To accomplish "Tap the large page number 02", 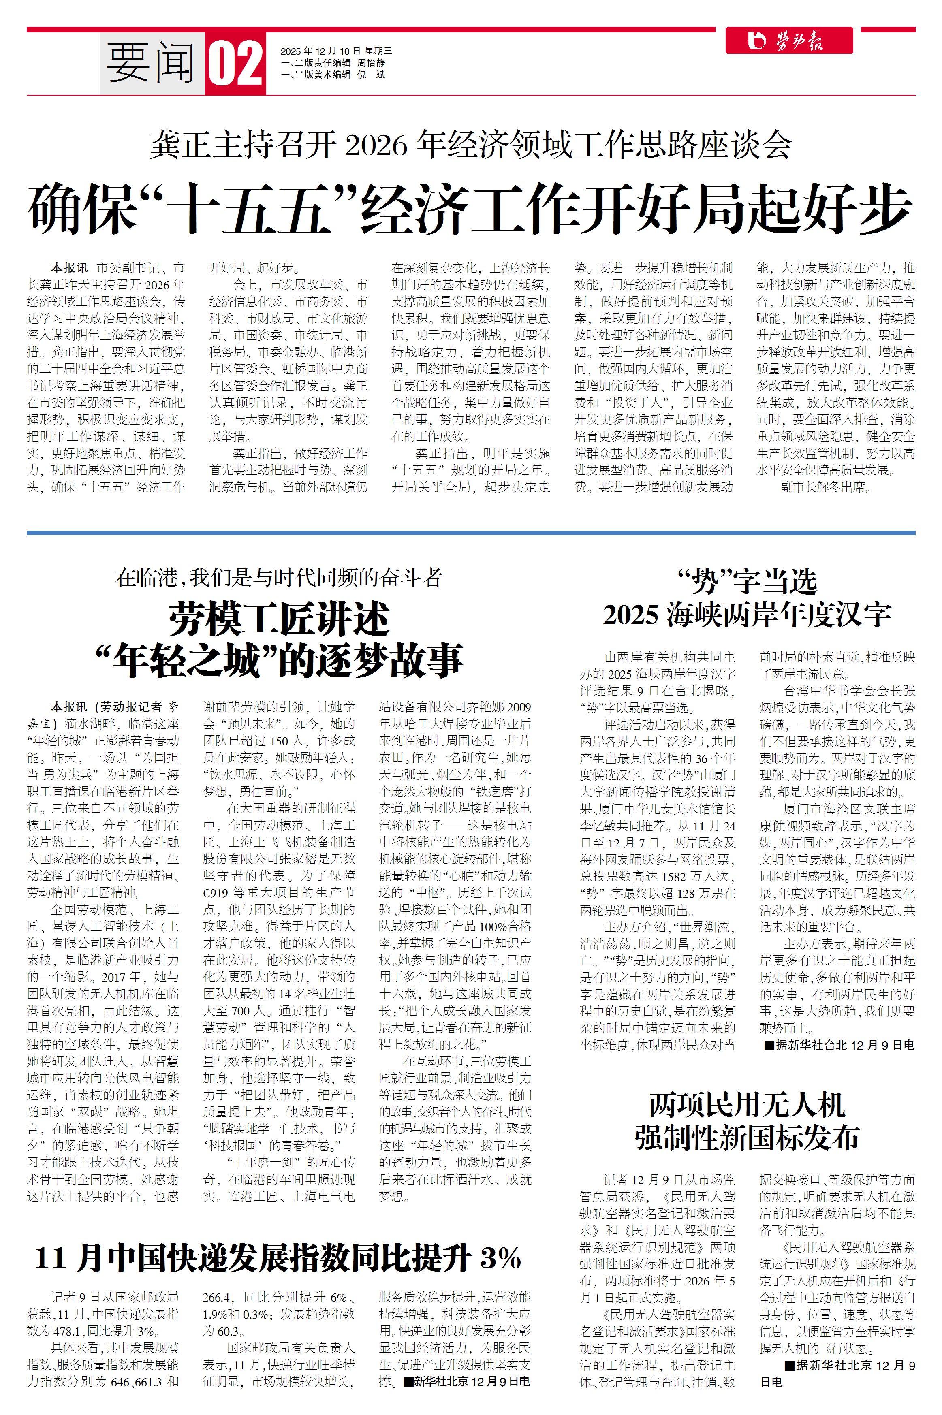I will [235, 64].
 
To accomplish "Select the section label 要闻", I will [150, 63].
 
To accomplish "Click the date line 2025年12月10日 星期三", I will [336, 51].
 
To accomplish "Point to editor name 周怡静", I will [371, 62].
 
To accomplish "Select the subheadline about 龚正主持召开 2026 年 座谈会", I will [470, 145].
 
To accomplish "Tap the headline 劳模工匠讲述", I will [279, 620].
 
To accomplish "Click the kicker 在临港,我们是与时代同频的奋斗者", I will [279, 578].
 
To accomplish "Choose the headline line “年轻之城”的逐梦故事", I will [279, 661].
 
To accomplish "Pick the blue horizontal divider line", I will [470, 533].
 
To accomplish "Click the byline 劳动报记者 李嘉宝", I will [114, 707].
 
